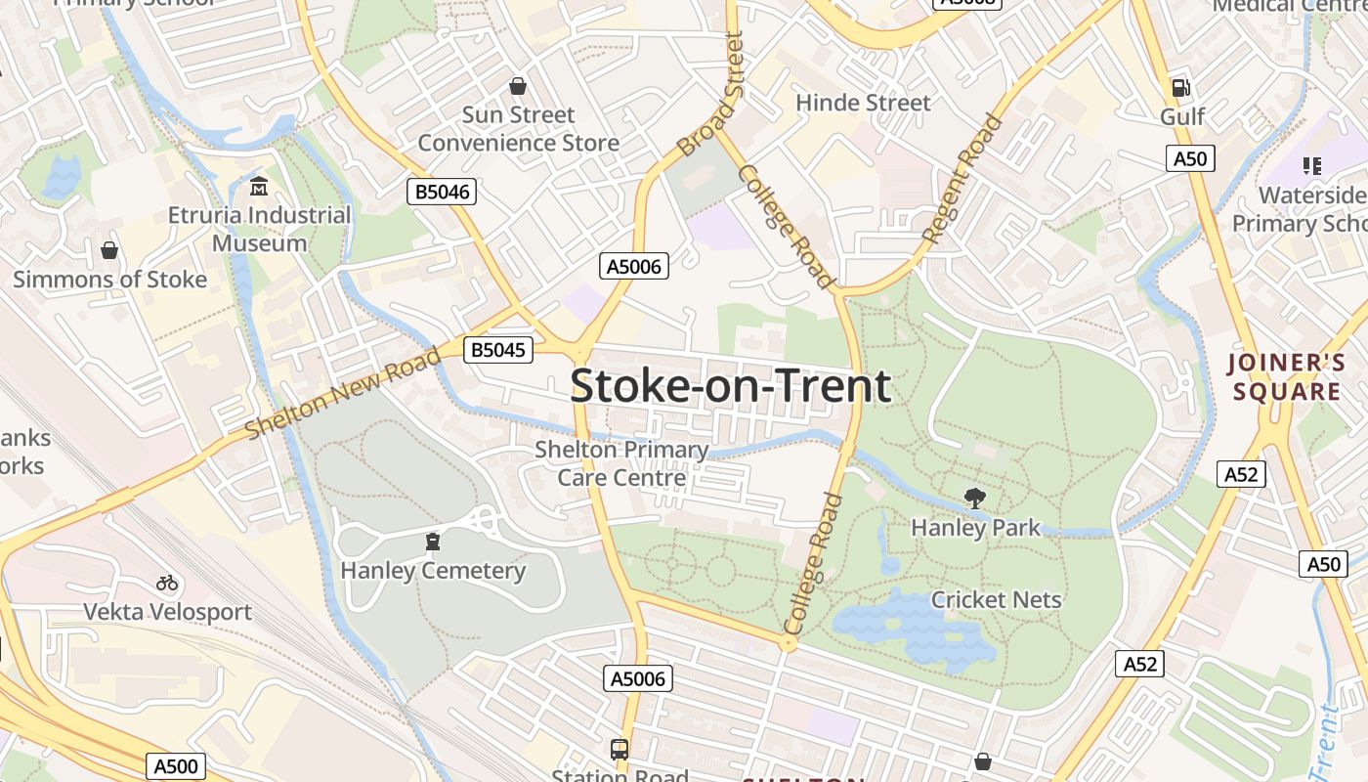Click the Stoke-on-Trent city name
click(x=730, y=386)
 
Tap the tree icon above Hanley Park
click(x=974, y=499)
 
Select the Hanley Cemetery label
click(x=433, y=571)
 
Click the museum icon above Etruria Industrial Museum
click(x=259, y=186)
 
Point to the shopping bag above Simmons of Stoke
click(x=109, y=251)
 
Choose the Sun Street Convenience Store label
click(x=518, y=129)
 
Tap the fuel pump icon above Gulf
click(x=1181, y=88)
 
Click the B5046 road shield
click(x=442, y=192)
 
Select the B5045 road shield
click(x=498, y=350)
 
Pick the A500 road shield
click(x=176, y=766)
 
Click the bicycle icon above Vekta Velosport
click(x=167, y=584)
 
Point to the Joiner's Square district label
click(x=1286, y=377)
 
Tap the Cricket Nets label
click(x=996, y=599)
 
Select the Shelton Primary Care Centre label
click(x=621, y=463)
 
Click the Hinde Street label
click(x=863, y=103)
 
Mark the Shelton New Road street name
click(x=343, y=395)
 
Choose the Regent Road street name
click(x=962, y=178)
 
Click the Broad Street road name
click(x=710, y=95)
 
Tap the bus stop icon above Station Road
click(x=620, y=750)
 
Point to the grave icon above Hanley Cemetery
click(x=432, y=542)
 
